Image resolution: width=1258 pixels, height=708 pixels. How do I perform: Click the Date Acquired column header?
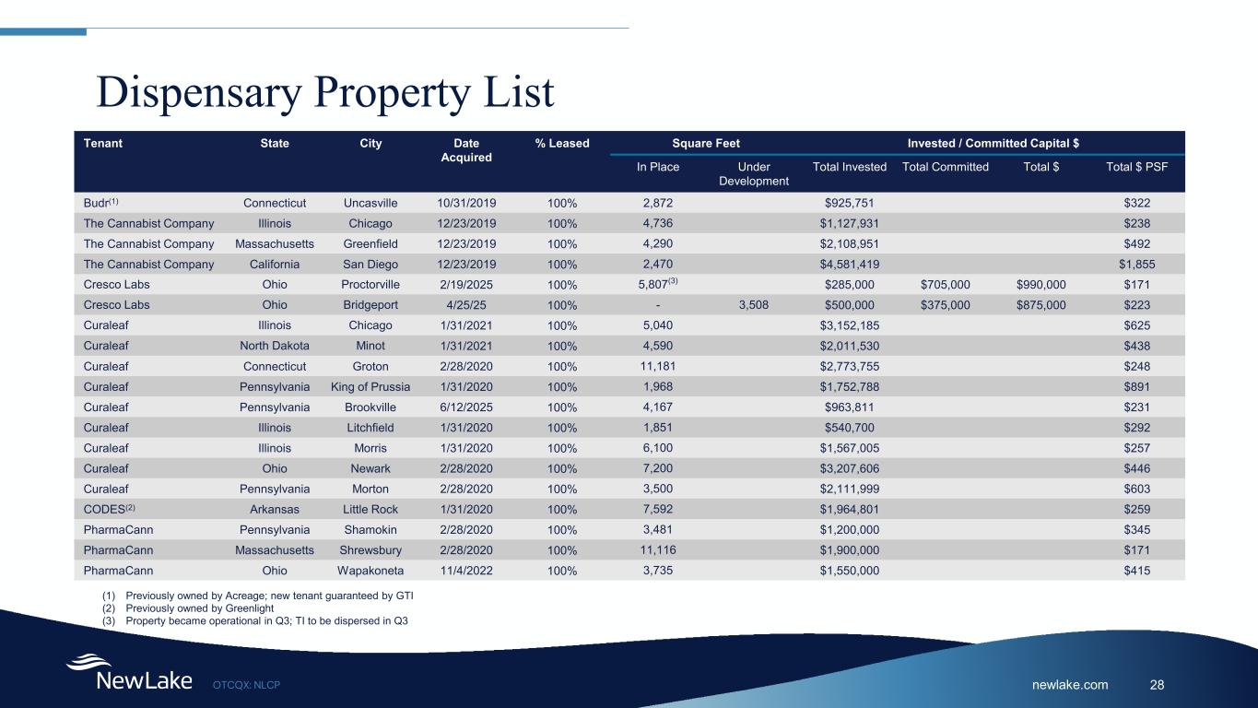tap(460, 150)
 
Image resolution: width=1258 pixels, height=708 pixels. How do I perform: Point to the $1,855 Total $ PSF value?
tap(1136, 265)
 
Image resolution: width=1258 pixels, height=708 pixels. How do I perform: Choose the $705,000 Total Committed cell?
tap(945, 285)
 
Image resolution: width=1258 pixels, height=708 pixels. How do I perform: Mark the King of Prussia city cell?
tap(370, 386)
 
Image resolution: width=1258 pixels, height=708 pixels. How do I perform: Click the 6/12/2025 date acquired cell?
tap(460, 407)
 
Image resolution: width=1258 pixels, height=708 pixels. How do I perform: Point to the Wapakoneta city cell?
tap(370, 571)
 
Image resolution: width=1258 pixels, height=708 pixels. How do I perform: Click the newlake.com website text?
tap(1069, 684)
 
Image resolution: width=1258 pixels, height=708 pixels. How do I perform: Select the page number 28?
tap(1158, 684)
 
